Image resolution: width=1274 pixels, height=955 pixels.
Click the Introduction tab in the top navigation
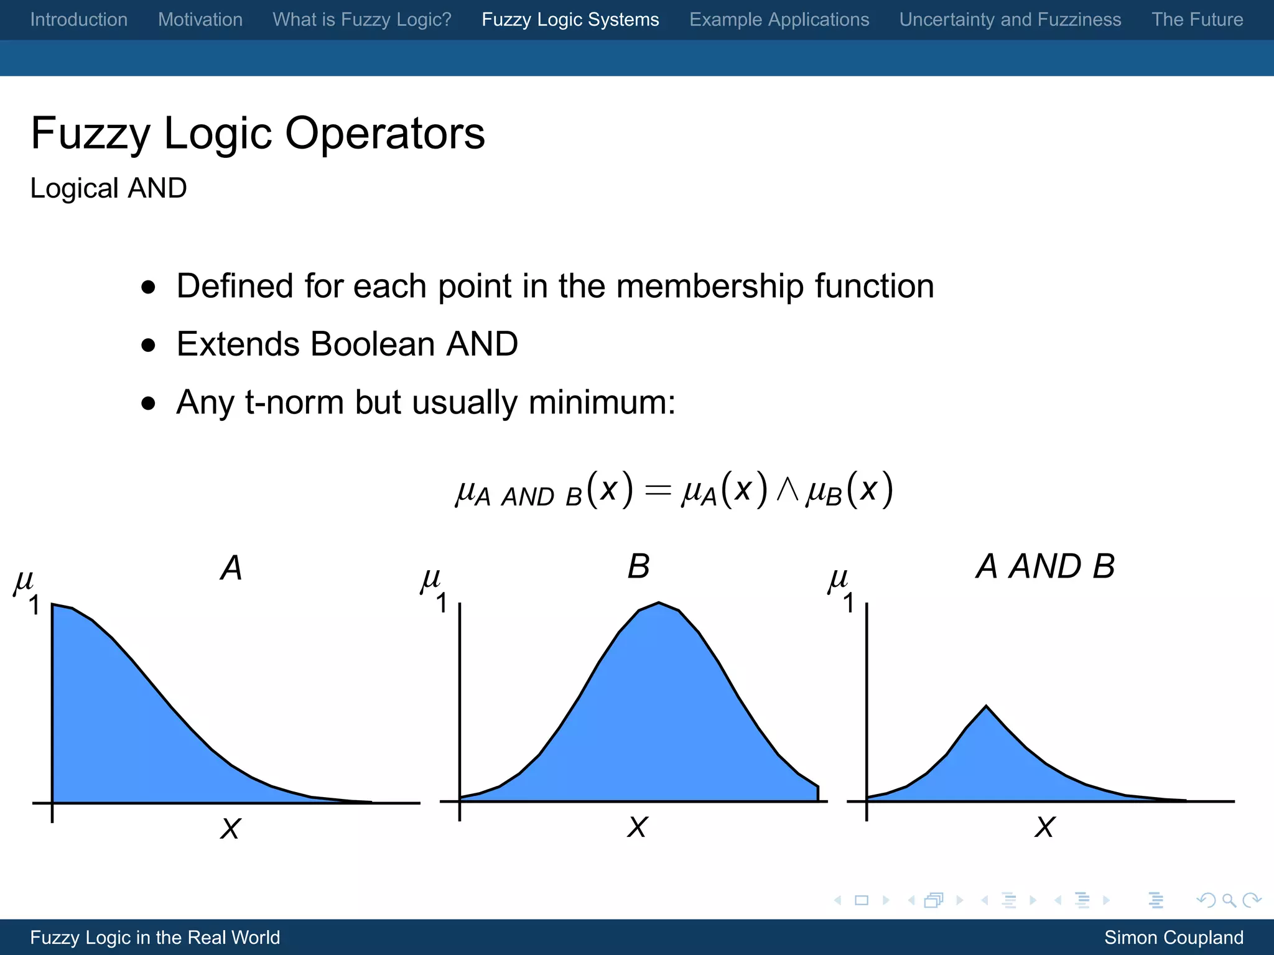pyautogui.click(x=79, y=19)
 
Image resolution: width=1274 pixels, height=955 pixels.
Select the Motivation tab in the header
pyautogui.click(x=200, y=19)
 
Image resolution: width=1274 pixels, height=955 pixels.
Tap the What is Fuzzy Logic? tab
pyautogui.click(x=361, y=19)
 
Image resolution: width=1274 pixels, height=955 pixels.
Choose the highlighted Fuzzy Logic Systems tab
pyautogui.click(x=570, y=19)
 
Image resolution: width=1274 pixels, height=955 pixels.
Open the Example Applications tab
pyautogui.click(x=779, y=19)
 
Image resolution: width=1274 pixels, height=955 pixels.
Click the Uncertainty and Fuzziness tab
pyautogui.click(x=1010, y=19)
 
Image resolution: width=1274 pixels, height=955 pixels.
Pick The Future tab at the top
pyautogui.click(x=1197, y=19)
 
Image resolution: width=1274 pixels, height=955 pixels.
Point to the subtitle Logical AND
pyautogui.click(x=108, y=188)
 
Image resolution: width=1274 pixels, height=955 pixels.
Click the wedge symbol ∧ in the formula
pyautogui.click(x=788, y=489)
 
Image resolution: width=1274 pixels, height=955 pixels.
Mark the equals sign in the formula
pyautogui.click(x=658, y=491)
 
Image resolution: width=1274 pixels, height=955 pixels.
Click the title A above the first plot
pyautogui.click(x=231, y=567)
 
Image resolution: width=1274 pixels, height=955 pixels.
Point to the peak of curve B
pyautogui.click(x=659, y=602)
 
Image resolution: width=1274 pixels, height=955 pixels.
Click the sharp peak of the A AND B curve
pyautogui.click(x=986, y=706)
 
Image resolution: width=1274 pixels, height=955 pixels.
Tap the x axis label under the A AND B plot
pyautogui.click(x=1044, y=827)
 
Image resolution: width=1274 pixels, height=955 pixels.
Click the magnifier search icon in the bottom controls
pyautogui.click(x=1229, y=900)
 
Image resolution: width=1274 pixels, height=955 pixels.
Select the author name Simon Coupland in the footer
pyautogui.click(x=1173, y=937)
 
